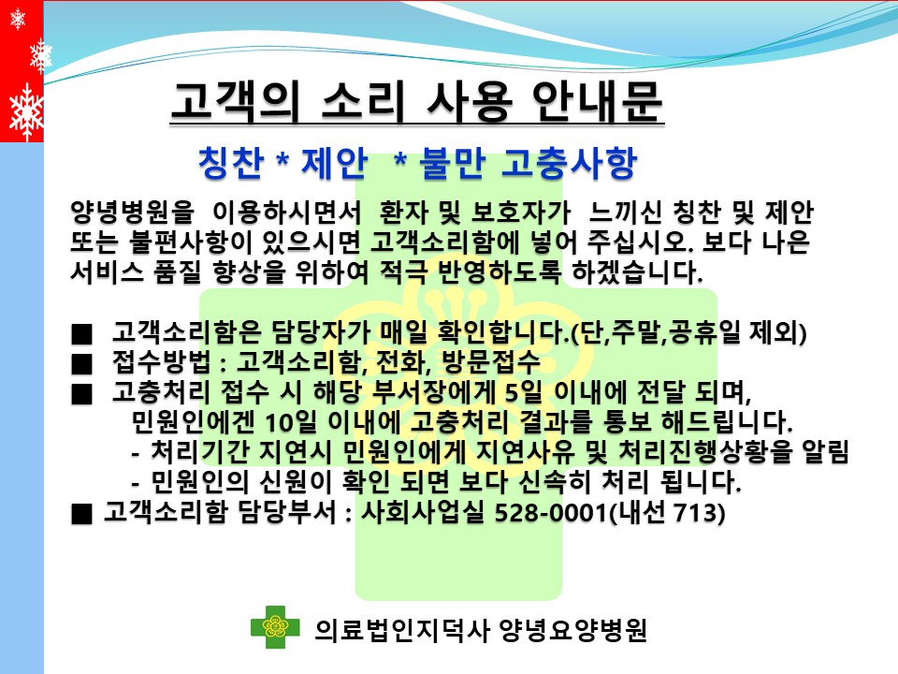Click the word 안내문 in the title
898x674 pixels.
(597, 101)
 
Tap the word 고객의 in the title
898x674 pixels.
(236, 101)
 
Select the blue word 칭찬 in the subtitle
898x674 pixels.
(231, 163)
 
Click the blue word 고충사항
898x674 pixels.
(569, 163)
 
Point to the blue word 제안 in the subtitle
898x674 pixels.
(334, 163)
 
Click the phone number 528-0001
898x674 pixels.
(550, 512)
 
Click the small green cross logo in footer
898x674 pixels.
(275, 627)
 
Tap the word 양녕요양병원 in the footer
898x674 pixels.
(572, 630)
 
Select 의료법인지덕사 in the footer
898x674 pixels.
(401, 630)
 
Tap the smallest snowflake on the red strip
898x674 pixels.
(18, 20)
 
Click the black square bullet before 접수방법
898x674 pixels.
(81, 364)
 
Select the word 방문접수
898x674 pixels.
(491, 361)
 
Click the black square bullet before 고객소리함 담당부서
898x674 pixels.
(81, 514)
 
